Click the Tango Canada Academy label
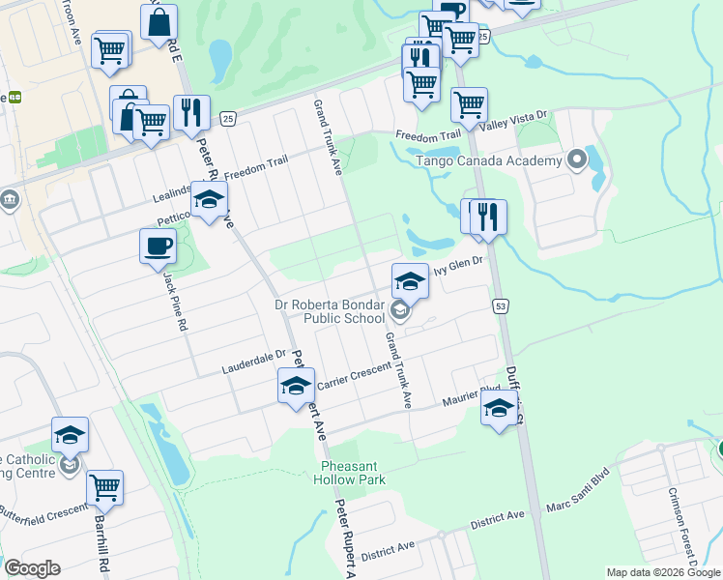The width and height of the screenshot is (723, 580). coord(488,161)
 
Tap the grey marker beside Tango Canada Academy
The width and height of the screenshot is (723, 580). coord(578,159)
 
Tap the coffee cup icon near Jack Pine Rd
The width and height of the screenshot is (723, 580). coord(158,247)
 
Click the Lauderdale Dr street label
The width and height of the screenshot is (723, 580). coord(255,362)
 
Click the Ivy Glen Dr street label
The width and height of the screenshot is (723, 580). coord(457,273)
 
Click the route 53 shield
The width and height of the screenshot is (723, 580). coord(500,306)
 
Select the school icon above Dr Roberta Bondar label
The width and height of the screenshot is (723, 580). coord(410,280)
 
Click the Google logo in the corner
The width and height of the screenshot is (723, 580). coord(32,568)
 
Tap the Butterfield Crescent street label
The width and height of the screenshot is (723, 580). coord(38,507)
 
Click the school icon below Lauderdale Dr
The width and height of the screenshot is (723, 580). coord(296,386)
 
